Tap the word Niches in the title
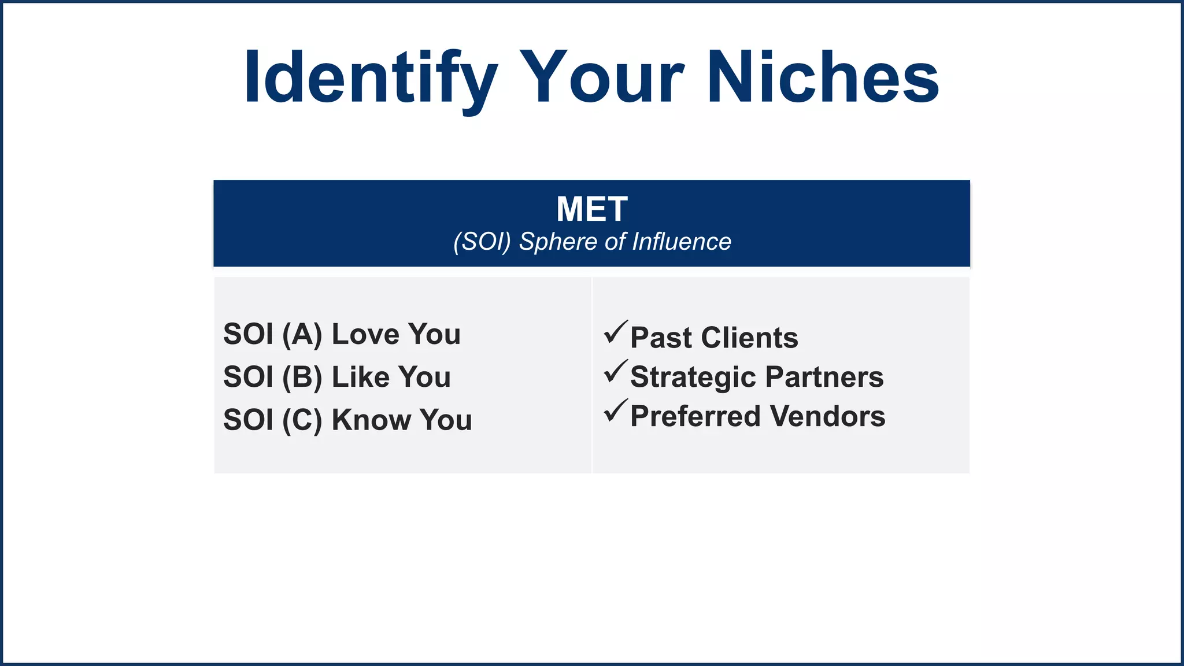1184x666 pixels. tap(823, 78)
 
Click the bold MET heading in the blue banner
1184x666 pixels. tap(591, 209)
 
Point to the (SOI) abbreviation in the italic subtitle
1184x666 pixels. tap(482, 242)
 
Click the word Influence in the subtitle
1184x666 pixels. tap(682, 242)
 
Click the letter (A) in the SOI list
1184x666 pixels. tap(302, 335)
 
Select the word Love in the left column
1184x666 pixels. tap(365, 334)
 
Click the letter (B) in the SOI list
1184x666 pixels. tap(302, 378)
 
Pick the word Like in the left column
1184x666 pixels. tap(360, 377)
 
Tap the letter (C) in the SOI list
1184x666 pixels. tap(302, 420)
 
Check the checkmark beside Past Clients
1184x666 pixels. tap(615, 332)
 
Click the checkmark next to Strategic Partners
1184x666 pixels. tap(615, 372)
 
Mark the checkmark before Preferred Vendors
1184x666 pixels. tap(615, 411)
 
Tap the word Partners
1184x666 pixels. tap(824, 377)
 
